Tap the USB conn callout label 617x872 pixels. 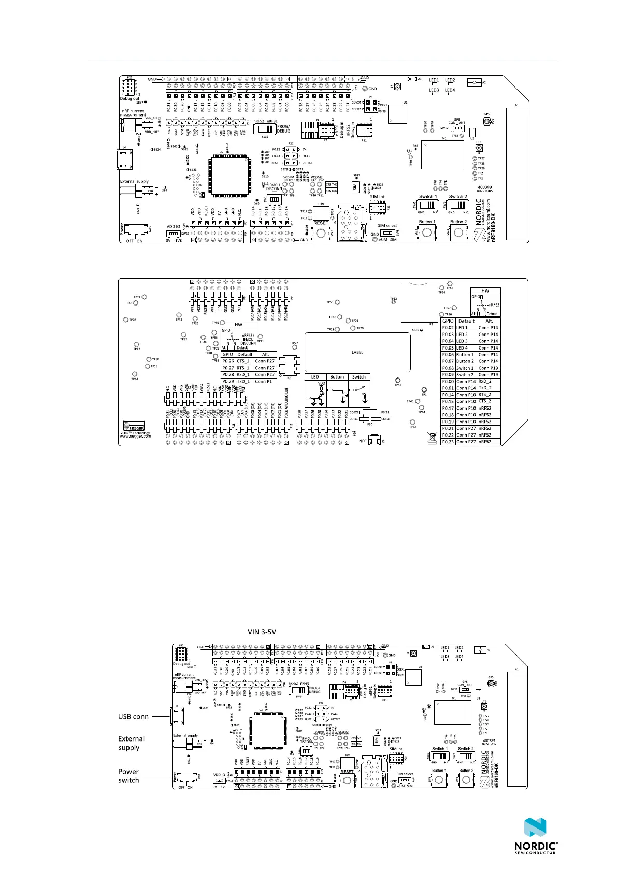pyautogui.click(x=133, y=717)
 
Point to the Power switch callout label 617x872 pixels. pyautogui.click(x=128, y=776)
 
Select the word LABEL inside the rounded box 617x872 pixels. pyautogui.click(x=357, y=352)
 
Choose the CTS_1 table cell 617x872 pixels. pyautogui.click(x=244, y=361)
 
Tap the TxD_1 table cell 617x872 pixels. pyautogui.click(x=244, y=381)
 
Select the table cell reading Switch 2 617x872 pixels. pyautogui.click(x=466, y=374)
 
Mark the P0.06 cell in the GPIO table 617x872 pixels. pyautogui.click(x=448, y=355)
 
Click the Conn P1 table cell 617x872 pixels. pyautogui.click(x=265, y=381)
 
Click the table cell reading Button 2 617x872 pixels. pyautogui.click(x=466, y=361)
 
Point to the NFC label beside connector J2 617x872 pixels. pyautogui.click(x=364, y=441)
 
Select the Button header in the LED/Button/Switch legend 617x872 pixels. pyautogui.click(x=337, y=377)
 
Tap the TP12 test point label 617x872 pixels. pyautogui.click(x=394, y=299)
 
